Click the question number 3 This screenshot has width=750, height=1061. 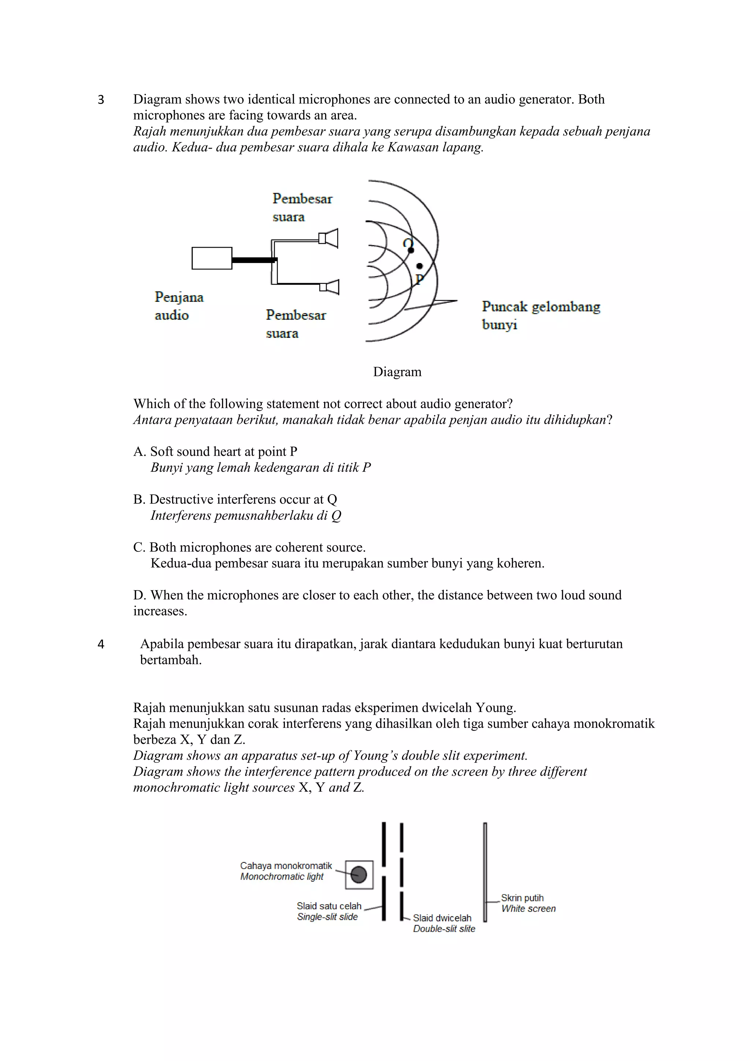pyautogui.click(x=101, y=100)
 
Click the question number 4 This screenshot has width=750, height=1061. pyautogui.click(x=101, y=644)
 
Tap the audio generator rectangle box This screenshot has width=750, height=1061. pyautogui.click(x=212, y=258)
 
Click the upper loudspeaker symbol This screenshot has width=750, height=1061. pyautogui.click(x=329, y=239)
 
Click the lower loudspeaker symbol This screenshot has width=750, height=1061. pyautogui.click(x=330, y=287)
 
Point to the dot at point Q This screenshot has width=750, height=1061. pyautogui.click(x=411, y=250)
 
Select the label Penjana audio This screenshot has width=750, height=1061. pyautogui.click(x=179, y=306)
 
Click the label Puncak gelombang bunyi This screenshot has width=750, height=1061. pyautogui.click(x=540, y=315)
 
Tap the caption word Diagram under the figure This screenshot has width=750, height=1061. pyautogui.click(x=397, y=372)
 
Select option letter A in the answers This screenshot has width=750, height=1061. pyautogui.click(x=138, y=451)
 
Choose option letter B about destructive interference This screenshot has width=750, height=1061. pyautogui.click(x=138, y=499)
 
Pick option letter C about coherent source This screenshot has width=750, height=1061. pyautogui.click(x=138, y=548)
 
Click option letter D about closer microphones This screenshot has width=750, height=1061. pyautogui.click(x=138, y=595)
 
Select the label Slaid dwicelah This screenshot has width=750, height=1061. pyautogui.click(x=442, y=918)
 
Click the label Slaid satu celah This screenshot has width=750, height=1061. pyautogui.click(x=329, y=906)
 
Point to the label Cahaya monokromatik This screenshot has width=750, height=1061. pyautogui.click(x=286, y=865)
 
